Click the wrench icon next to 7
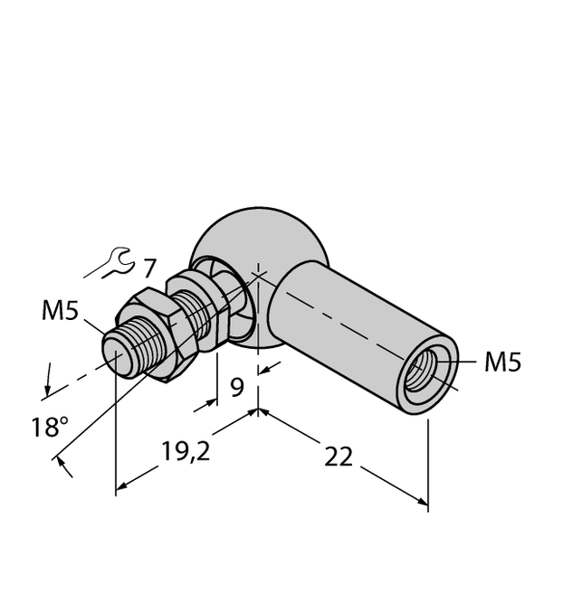118,263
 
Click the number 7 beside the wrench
149,268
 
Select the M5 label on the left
61,312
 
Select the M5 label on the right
502,362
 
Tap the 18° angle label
49,428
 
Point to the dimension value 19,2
186,451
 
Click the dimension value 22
338,457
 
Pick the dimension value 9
236,389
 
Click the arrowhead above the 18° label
45,389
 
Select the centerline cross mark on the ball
259,275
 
